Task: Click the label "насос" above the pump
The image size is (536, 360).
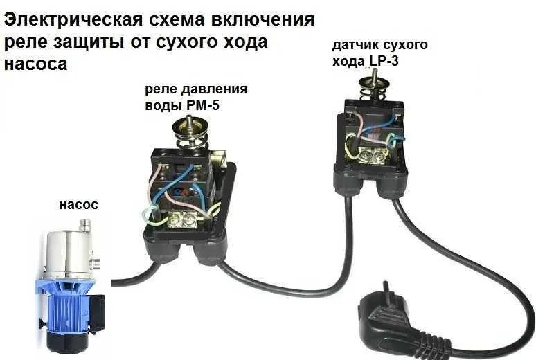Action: [x=78, y=205]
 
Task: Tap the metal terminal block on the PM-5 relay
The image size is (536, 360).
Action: [x=186, y=219]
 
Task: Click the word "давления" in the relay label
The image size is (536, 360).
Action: [x=215, y=90]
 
